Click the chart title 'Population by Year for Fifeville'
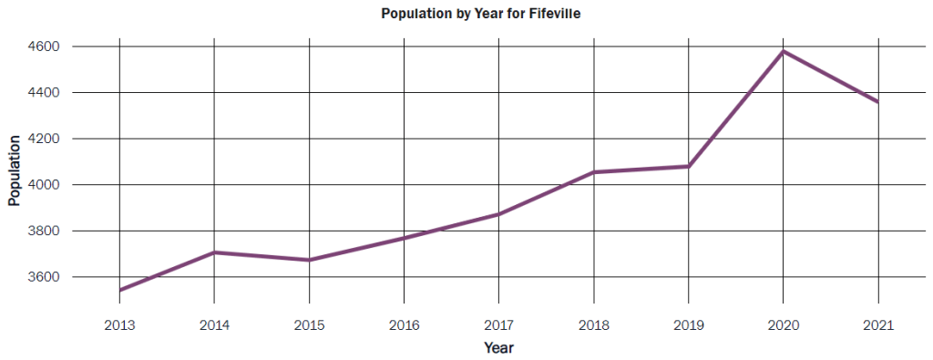[466, 15]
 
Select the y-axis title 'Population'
[15, 170]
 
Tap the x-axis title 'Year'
[498, 347]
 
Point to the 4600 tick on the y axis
[43, 46]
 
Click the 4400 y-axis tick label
[43, 93]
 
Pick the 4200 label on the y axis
[43, 139]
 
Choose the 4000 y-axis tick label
[43, 185]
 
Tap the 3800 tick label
[43, 231]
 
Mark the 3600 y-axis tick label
[43, 277]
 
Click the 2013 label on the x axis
[119, 325]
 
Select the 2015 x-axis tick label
[309, 325]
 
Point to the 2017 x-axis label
[498, 325]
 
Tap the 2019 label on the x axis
[688, 325]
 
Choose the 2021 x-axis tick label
[877, 325]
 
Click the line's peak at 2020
[783, 51]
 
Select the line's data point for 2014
[214, 252]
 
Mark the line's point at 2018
[593, 172]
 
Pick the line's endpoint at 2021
[877, 102]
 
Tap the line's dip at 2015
[309, 260]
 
